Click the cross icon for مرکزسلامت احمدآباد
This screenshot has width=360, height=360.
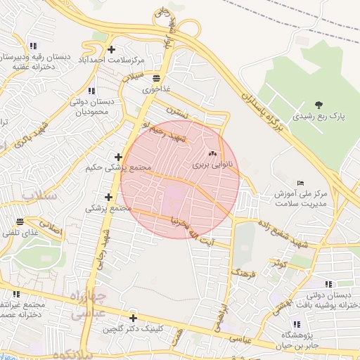112,49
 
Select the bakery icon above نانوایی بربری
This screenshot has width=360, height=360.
212,153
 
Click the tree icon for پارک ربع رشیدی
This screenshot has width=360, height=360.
319,105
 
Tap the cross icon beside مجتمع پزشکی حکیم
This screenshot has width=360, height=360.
118,157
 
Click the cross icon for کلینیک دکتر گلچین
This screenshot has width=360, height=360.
132,318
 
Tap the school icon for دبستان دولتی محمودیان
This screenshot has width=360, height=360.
91,91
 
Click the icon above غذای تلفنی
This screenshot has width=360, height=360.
20,221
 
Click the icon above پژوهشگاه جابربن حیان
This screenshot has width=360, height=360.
296,324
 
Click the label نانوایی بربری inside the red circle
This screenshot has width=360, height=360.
208,166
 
